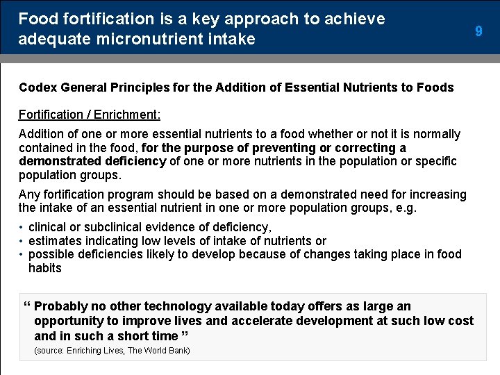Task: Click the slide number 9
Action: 478,31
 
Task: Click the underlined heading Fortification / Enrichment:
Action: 89,114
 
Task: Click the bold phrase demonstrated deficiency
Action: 92,161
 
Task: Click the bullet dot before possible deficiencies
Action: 22,254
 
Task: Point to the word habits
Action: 45,268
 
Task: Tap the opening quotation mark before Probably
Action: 26,306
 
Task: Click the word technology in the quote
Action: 178,306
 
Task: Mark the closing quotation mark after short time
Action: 184,335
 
